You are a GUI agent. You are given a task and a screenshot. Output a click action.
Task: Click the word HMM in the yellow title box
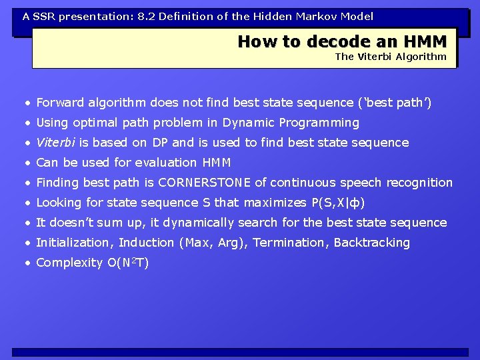[425, 41]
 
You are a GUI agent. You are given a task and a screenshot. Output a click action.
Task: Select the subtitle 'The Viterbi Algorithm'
[391, 57]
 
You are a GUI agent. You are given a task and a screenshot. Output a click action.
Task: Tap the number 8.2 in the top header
[146, 16]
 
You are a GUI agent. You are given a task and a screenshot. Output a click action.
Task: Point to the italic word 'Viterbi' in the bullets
[55, 143]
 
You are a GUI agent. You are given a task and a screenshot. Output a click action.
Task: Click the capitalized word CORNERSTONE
[204, 183]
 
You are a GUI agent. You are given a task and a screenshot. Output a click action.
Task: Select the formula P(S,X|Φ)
[338, 203]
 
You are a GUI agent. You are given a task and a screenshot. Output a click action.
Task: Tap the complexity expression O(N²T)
[128, 263]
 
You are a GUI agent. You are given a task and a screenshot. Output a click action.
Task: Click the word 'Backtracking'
[371, 243]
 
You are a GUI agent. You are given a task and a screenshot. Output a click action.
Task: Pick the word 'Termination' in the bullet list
[288, 243]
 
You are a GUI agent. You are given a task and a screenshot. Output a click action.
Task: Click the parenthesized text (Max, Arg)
[211, 243]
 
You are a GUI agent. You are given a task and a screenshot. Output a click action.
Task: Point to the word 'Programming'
[319, 123]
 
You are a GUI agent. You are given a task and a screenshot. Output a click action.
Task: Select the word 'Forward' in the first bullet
[60, 102]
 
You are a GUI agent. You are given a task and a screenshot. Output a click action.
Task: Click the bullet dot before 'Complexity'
[28, 263]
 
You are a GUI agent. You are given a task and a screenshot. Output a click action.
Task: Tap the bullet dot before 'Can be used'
[28, 163]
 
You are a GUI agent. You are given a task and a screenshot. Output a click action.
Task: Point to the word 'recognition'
[419, 183]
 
